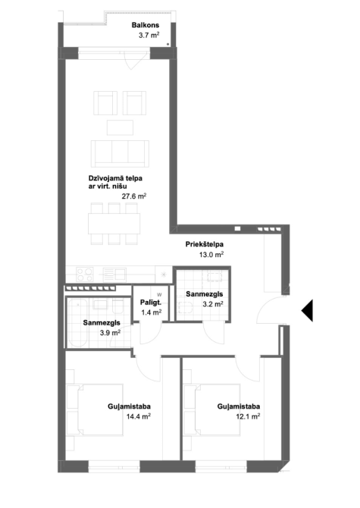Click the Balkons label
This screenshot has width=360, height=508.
(146, 25)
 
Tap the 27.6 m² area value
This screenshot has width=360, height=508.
(134, 196)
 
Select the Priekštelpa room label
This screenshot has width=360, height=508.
(205, 244)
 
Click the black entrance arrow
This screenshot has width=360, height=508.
(307, 310)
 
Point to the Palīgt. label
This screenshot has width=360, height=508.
(151, 303)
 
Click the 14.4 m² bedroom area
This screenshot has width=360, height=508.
(138, 416)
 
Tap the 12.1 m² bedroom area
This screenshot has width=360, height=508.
(248, 416)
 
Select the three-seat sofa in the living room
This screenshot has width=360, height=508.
(120, 154)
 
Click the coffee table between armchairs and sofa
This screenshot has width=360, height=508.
(120, 127)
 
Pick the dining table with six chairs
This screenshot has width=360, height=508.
(114, 224)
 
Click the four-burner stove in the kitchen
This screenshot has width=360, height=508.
(84, 274)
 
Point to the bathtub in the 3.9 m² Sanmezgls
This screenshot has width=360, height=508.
(77, 322)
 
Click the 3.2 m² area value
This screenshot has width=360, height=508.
(213, 304)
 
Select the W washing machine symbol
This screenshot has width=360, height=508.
(159, 295)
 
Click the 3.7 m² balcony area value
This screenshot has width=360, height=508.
(149, 36)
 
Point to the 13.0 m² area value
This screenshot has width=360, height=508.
(211, 255)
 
